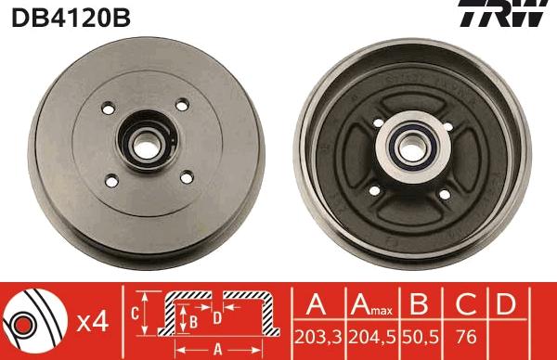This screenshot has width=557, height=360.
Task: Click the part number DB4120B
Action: click(x=71, y=18)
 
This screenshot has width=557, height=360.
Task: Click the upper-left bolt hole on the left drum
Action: click(x=109, y=109)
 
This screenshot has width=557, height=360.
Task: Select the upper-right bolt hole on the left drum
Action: click(x=182, y=105)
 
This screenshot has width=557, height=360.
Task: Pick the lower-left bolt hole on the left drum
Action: click(x=112, y=181)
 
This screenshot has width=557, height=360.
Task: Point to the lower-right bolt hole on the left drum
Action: click(x=187, y=177)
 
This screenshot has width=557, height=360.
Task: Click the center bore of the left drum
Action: click(x=147, y=145)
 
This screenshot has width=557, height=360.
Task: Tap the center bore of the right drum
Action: click(x=411, y=148)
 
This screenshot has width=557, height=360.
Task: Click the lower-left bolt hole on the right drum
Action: click(x=375, y=190)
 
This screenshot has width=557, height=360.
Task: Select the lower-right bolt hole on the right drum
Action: click(x=445, y=194)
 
